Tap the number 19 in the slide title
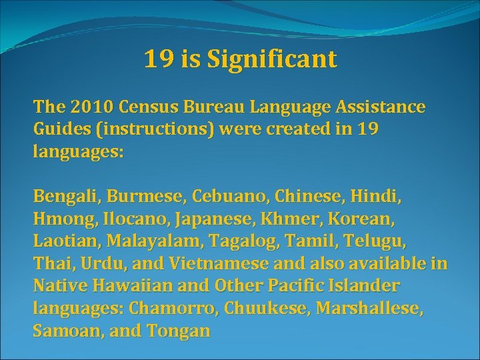tap(159, 60)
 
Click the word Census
tap(149, 107)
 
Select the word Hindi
tap(377, 198)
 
